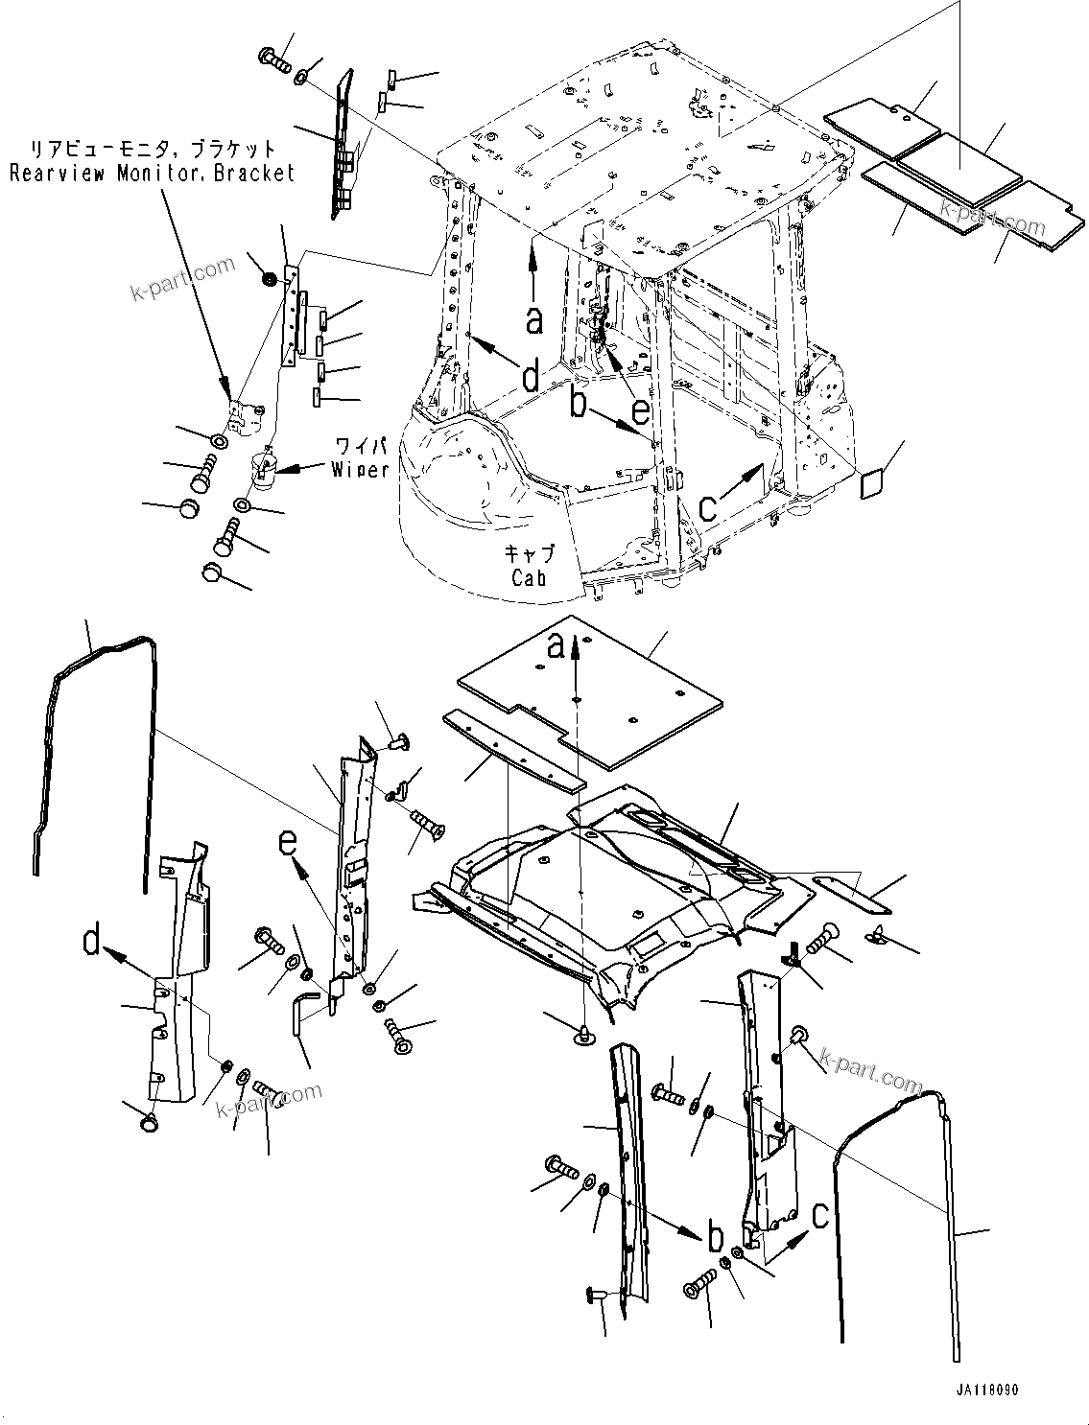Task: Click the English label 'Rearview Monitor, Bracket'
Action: pyautogui.click(x=152, y=174)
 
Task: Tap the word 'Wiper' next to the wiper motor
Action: pyautogui.click(x=360, y=469)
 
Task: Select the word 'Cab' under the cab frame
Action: pyautogui.click(x=528, y=577)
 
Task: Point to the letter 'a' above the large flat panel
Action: pyautogui.click(x=556, y=649)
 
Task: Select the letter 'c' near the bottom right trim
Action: pyautogui.click(x=818, y=1217)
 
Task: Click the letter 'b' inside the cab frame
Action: pyautogui.click(x=578, y=403)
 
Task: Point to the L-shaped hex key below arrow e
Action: pyautogui.click(x=303, y=1011)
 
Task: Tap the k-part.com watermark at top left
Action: pyautogui.click(x=182, y=277)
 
